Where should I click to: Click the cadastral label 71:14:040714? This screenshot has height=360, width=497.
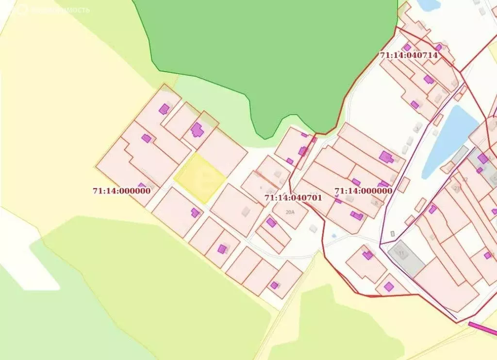tap(409, 55)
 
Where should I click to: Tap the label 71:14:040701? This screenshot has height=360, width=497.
tap(293, 198)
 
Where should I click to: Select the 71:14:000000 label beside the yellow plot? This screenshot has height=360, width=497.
tap(121, 191)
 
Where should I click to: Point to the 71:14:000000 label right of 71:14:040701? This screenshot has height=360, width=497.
tap(363, 191)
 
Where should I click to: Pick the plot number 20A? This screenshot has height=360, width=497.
tap(290, 212)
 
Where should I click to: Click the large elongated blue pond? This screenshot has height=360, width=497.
tap(448, 141)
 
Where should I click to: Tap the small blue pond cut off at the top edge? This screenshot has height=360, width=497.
tap(428, 4)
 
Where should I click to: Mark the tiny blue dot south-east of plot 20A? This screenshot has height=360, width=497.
tap(334, 236)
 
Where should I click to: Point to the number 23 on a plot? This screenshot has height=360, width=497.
tap(456, 189)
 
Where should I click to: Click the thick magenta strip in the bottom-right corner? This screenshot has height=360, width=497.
tap(483, 328)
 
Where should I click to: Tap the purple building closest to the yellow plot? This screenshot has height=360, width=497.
tap(195, 213)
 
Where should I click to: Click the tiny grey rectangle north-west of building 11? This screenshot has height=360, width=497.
tap(392, 234)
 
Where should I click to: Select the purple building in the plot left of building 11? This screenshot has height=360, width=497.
tap(367, 255)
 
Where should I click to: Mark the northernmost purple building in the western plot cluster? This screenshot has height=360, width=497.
tap(164, 109)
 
